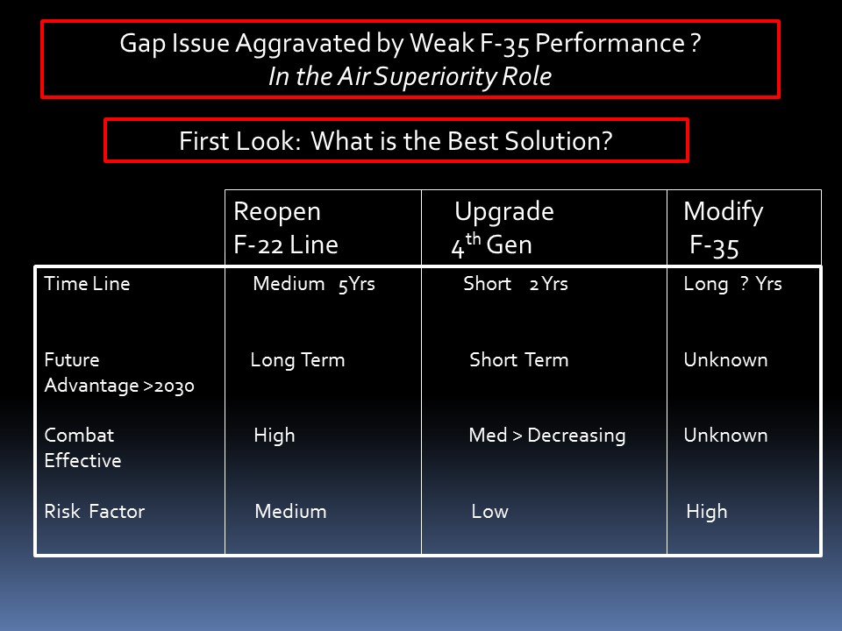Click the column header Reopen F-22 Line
pos(286,228)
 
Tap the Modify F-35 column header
pos(724,229)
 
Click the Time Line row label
pos(87,283)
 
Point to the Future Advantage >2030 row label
pos(119,372)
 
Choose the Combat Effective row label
pos(82,448)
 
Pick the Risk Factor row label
pos(95,511)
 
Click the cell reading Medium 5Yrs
pos(314,284)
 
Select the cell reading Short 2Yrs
pos(516,283)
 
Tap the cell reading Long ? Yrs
pos(733,284)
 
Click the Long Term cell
pos(297,360)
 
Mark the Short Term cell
pos(518,359)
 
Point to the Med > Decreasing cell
pos(547,436)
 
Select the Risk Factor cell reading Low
pos(489,511)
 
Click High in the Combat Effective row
pos(275,436)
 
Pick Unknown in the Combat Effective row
pos(725,436)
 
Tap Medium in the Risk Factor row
pos(290,511)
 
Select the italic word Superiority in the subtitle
pos(436,77)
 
